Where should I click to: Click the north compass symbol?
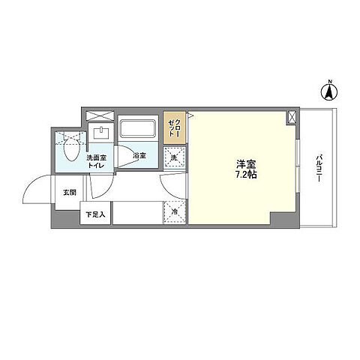pos(328,94)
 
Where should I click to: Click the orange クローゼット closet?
pos(174,130)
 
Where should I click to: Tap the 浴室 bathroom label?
pos(139,155)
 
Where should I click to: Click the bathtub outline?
pos(137,130)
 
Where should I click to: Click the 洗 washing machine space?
pos(174,158)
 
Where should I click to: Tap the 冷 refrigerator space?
pos(174,212)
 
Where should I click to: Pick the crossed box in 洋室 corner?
pos(291,117)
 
